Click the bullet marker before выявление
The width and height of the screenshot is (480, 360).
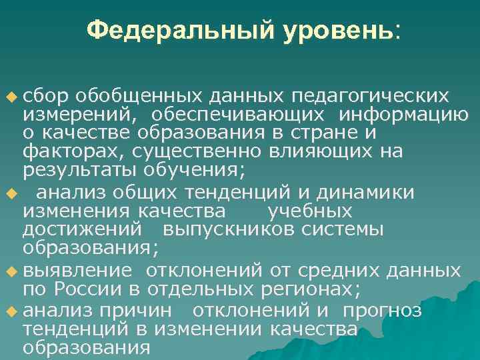pyautogui.click(x=10, y=272)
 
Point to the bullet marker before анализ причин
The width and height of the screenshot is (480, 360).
pyautogui.click(x=10, y=311)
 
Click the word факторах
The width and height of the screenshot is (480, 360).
pyautogui.click(x=65, y=151)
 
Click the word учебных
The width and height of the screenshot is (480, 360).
pyautogui.click(x=309, y=212)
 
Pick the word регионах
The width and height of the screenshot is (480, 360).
pyautogui.click(x=307, y=289)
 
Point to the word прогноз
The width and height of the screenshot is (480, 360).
pyautogui.click(x=382, y=311)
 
